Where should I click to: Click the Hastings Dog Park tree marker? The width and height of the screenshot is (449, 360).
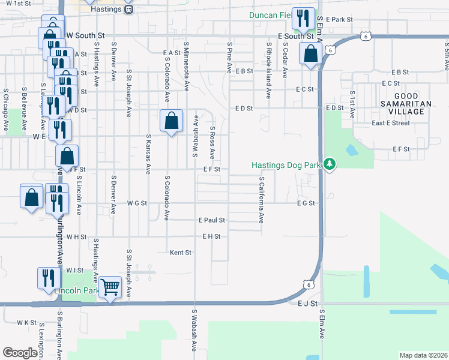[x=329, y=164]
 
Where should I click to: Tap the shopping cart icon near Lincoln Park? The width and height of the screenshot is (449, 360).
[x=110, y=289]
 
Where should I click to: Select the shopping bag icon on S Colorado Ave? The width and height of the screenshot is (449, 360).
[x=172, y=121]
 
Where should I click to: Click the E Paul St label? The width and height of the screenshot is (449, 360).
[x=212, y=220]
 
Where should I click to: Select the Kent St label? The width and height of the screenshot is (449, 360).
[x=180, y=253]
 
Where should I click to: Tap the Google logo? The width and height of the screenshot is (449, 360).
[x=20, y=353]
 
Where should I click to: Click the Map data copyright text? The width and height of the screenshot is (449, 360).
[x=423, y=355]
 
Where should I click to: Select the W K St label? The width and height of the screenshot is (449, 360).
[x=27, y=322]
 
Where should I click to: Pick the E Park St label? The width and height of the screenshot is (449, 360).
[x=339, y=20]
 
